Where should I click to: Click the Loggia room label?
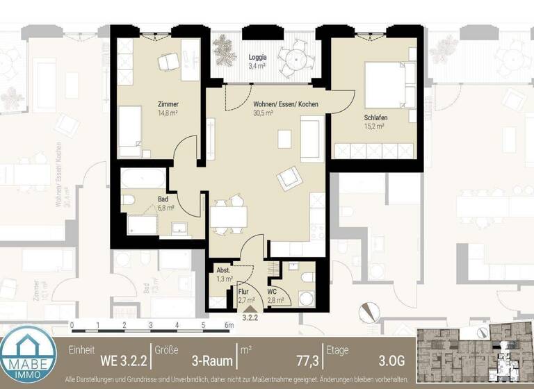pyautogui.click(x=258, y=58)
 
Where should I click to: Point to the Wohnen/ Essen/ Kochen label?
pyautogui.click(x=286, y=103)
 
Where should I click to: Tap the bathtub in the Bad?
pyautogui.click(x=144, y=179)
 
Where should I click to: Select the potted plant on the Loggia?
pyautogui.click(x=225, y=49)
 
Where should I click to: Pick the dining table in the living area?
pyautogui.click(x=229, y=217)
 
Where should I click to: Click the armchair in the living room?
pyautogui.click(x=289, y=179)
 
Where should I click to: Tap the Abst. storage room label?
pyautogui.click(x=223, y=270)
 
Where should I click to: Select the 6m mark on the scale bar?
pyautogui.click(x=229, y=325)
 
